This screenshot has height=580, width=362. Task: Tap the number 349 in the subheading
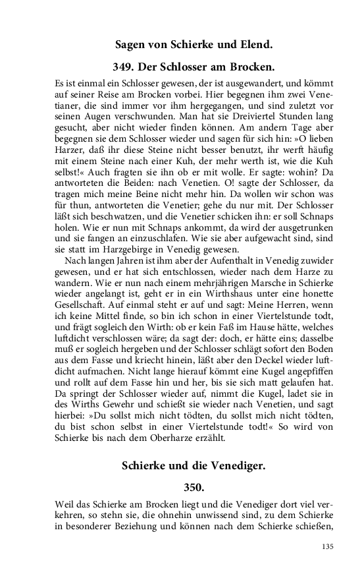(126, 67)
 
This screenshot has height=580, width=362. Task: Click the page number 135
(328, 546)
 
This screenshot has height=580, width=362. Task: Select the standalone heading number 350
(194, 488)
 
